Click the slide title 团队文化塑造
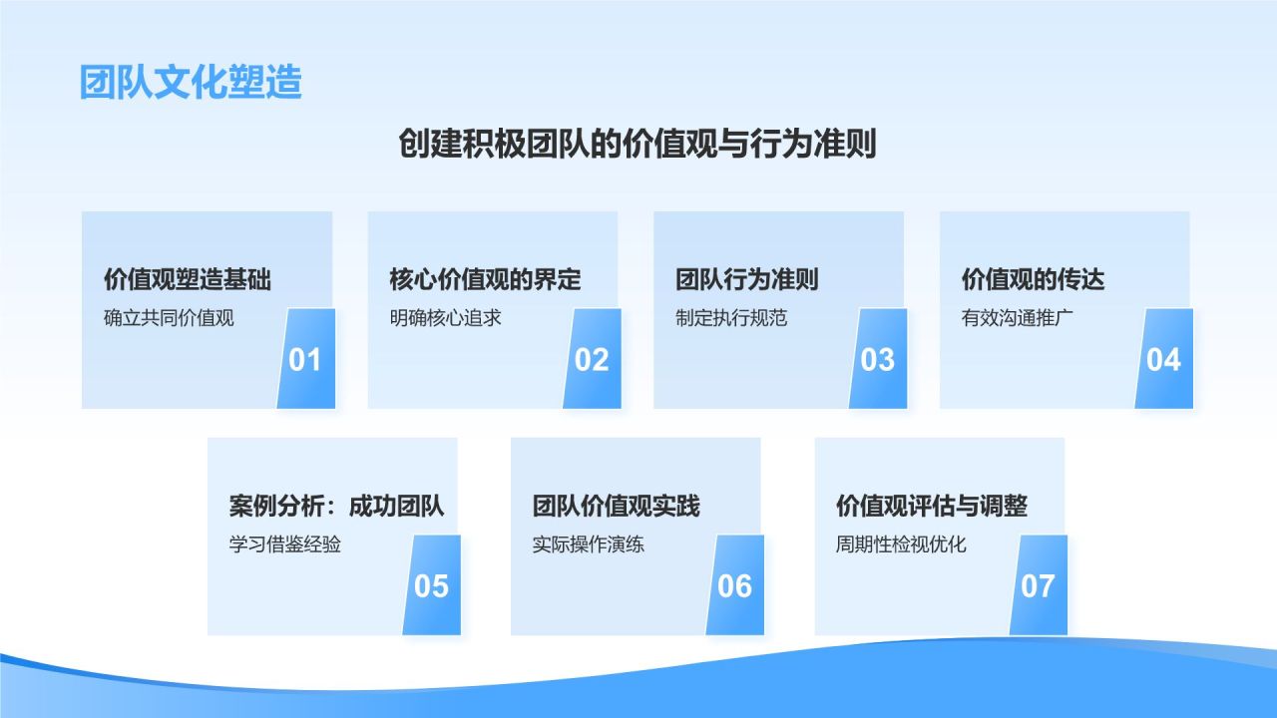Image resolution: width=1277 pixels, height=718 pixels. click(191, 83)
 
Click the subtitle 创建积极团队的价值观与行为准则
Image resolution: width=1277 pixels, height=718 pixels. click(638, 145)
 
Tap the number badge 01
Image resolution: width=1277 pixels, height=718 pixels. click(305, 359)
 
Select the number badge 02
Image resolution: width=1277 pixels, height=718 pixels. click(592, 359)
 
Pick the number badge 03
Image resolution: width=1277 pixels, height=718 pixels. click(878, 359)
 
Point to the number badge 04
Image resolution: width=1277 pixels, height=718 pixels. click(1163, 359)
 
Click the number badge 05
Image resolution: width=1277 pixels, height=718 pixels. click(431, 585)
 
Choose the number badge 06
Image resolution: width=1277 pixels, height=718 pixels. click(734, 585)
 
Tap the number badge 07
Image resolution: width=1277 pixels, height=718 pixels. click(1038, 585)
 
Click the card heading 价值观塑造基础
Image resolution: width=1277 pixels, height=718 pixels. click(188, 279)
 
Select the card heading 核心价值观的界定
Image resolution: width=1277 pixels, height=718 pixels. click(485, 279)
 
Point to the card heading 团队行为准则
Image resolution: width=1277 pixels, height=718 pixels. click(747, 279)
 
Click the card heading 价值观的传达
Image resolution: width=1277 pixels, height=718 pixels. click(1034, 279)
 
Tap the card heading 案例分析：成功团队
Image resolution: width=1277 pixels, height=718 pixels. click(336, 506)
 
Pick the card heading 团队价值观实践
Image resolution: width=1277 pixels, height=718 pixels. click(617, 506)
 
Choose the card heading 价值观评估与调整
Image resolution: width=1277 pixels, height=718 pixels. click(932, 506)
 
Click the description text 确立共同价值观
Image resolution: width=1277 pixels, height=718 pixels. click(169, 319)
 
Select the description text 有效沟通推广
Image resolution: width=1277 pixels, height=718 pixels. click(1018, 319)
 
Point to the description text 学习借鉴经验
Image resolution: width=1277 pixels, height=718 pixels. click(285, 545)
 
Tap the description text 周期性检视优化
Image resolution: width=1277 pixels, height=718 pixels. click(901, 545)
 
